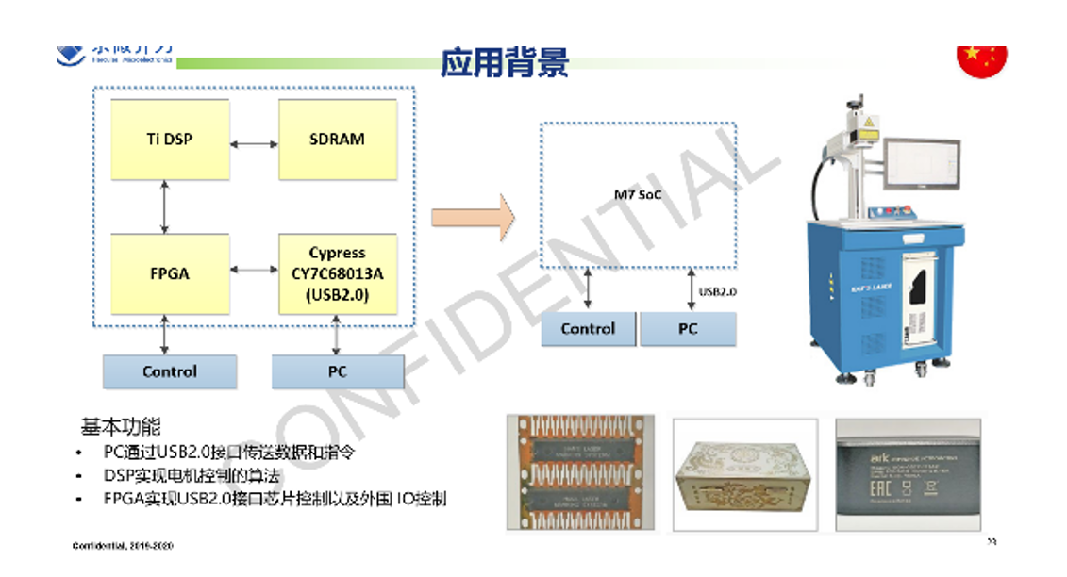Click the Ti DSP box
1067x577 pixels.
point(170,139)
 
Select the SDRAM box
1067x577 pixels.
point(337,139)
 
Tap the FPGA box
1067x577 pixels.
point(170,273)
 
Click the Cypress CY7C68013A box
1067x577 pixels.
point(337,273)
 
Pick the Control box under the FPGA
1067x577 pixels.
point(170,371)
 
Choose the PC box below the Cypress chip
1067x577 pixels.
point(338,371)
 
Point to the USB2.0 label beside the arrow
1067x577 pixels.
point(718,292)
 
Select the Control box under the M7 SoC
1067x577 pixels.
point(588,329)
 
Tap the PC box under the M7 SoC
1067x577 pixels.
point(688,329)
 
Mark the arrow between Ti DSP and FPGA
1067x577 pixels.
point(166,207)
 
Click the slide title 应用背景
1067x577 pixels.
point(505,62)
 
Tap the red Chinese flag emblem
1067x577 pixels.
point(982,59)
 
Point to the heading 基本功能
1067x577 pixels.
point(120,427)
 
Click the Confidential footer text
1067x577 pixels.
point(124,546)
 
